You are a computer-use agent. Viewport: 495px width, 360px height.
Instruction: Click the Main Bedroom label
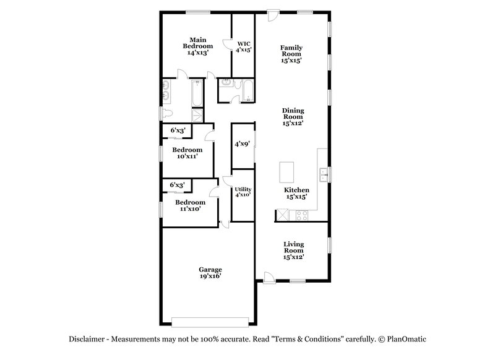pyautogui.click(x=197, y=46)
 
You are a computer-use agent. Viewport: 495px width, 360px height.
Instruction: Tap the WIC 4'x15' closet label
pyautogui.click(x=244, y=47)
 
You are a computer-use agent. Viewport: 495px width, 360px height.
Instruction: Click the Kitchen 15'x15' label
pyautogui.click(x=296, y=193)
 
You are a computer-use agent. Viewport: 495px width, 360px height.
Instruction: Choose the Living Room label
pyautogui.click(x=293, y=250)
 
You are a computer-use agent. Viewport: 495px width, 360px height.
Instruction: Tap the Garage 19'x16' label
pyautogui.click(x=210, y=273)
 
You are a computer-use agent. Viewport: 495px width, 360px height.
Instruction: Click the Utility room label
pyautogui.click(x=243, y=192)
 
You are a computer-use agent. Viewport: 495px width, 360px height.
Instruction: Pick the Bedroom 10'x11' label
pyautogui.click(x=187, y=153)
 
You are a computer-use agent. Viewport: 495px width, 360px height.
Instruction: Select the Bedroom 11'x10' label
pyautogui.click(x=190, y=205)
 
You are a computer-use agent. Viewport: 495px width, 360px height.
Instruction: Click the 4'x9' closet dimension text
pyautogui.click(x=242, y=144)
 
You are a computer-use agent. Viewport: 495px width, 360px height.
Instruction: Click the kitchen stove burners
pyautogui.click(x=302, y=215)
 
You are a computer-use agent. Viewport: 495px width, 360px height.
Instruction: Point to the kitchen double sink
pyautogui.click(x=323, y=174)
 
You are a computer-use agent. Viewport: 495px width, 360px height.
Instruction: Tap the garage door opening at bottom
pyautogui.click(x=211, y=322)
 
